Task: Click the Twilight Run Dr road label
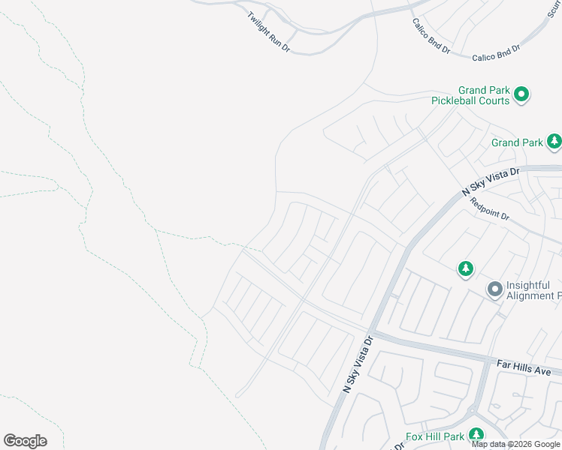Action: (x=269, y=31)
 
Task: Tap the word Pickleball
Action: (x=461, y=100)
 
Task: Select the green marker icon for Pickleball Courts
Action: (x=522, y=94)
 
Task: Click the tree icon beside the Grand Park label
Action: (x=554, y=140)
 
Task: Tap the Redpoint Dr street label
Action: (x=490, y=209)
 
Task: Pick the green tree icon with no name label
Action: (x=466, y=268)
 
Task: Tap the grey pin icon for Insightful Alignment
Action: (x=494, y=289)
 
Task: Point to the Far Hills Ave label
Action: (x=524, y=367)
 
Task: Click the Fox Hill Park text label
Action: (x=434, y=436)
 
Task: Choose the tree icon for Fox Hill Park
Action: (x=476, y=434)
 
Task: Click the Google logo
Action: (x=25, y=441)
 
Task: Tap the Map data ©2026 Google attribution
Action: (x=515, y=444)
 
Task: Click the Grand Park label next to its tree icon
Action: (x=517, y=142)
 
